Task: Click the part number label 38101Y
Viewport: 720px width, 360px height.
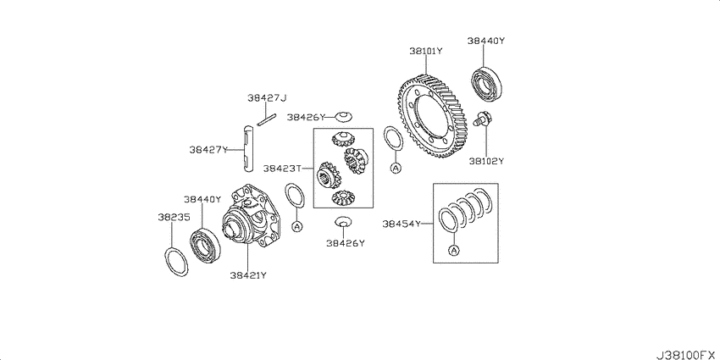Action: point(426,51)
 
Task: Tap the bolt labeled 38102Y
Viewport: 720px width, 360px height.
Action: point(482,119)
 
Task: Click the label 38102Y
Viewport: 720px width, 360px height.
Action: point(486,161)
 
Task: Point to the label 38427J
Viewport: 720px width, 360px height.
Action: point(267,97)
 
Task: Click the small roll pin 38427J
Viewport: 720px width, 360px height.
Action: point(266,119)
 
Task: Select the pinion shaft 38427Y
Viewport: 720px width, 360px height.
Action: point(249,148)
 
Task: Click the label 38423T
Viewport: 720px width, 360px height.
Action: point(282,169)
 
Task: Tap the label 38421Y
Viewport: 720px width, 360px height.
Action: point(248,275)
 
